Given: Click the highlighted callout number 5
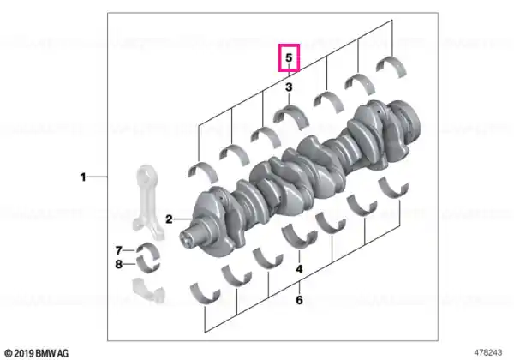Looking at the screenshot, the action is click(289, 57).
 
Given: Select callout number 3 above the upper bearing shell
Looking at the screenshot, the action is click(289, 87).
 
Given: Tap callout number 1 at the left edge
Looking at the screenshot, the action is click(83, 177).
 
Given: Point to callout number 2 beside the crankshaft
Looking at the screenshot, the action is click(169, 219).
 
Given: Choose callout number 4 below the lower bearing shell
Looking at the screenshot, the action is click(299, 269).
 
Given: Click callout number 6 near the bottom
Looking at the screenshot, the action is click(299, 300).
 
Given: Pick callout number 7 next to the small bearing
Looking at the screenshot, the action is click(119, 250).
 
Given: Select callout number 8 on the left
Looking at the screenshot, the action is click(119, 264).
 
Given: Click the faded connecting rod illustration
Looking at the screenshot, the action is click(148, 200).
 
